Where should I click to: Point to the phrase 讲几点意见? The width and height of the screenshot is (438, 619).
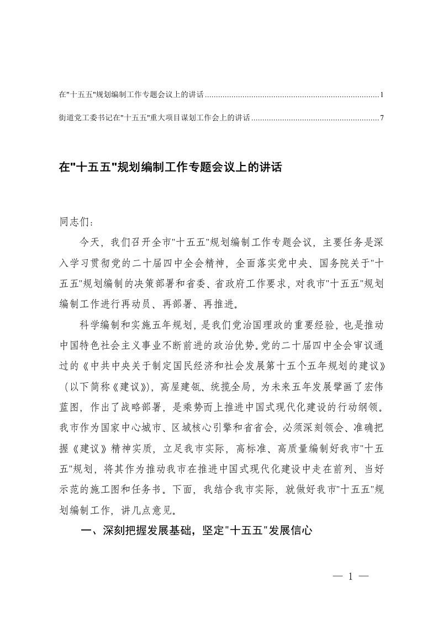coord(150,499)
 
